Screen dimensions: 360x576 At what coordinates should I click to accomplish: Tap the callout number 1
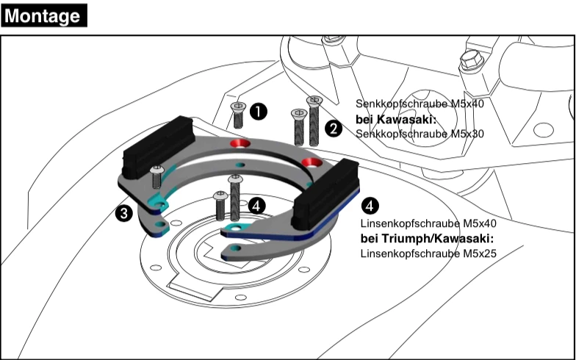coord(258,112)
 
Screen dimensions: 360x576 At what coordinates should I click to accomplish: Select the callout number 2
coord(334,129)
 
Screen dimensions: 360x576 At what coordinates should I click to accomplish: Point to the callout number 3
coord(123,213)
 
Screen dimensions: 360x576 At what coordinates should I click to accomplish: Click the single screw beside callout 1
coord(237,114)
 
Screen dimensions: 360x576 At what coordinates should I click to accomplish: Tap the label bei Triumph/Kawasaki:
coord(427,239)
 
